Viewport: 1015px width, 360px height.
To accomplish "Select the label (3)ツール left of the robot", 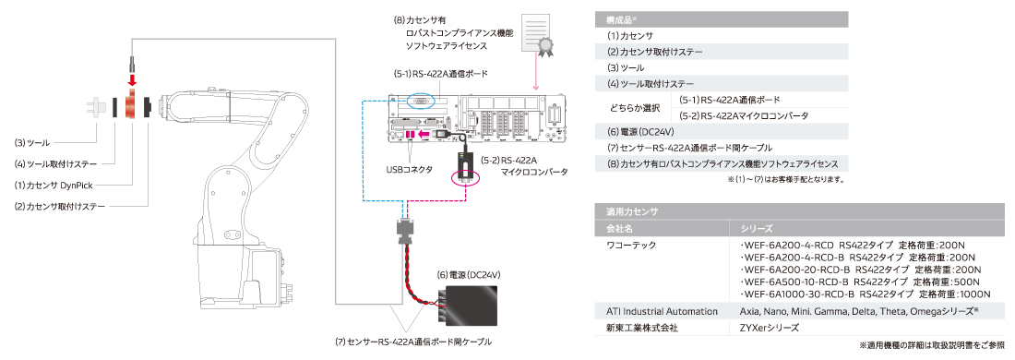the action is pos(32,142).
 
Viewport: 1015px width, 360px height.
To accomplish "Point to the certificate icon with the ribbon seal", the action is pos(538,35).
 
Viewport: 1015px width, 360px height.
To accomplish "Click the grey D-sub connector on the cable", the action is pos(406,232).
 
